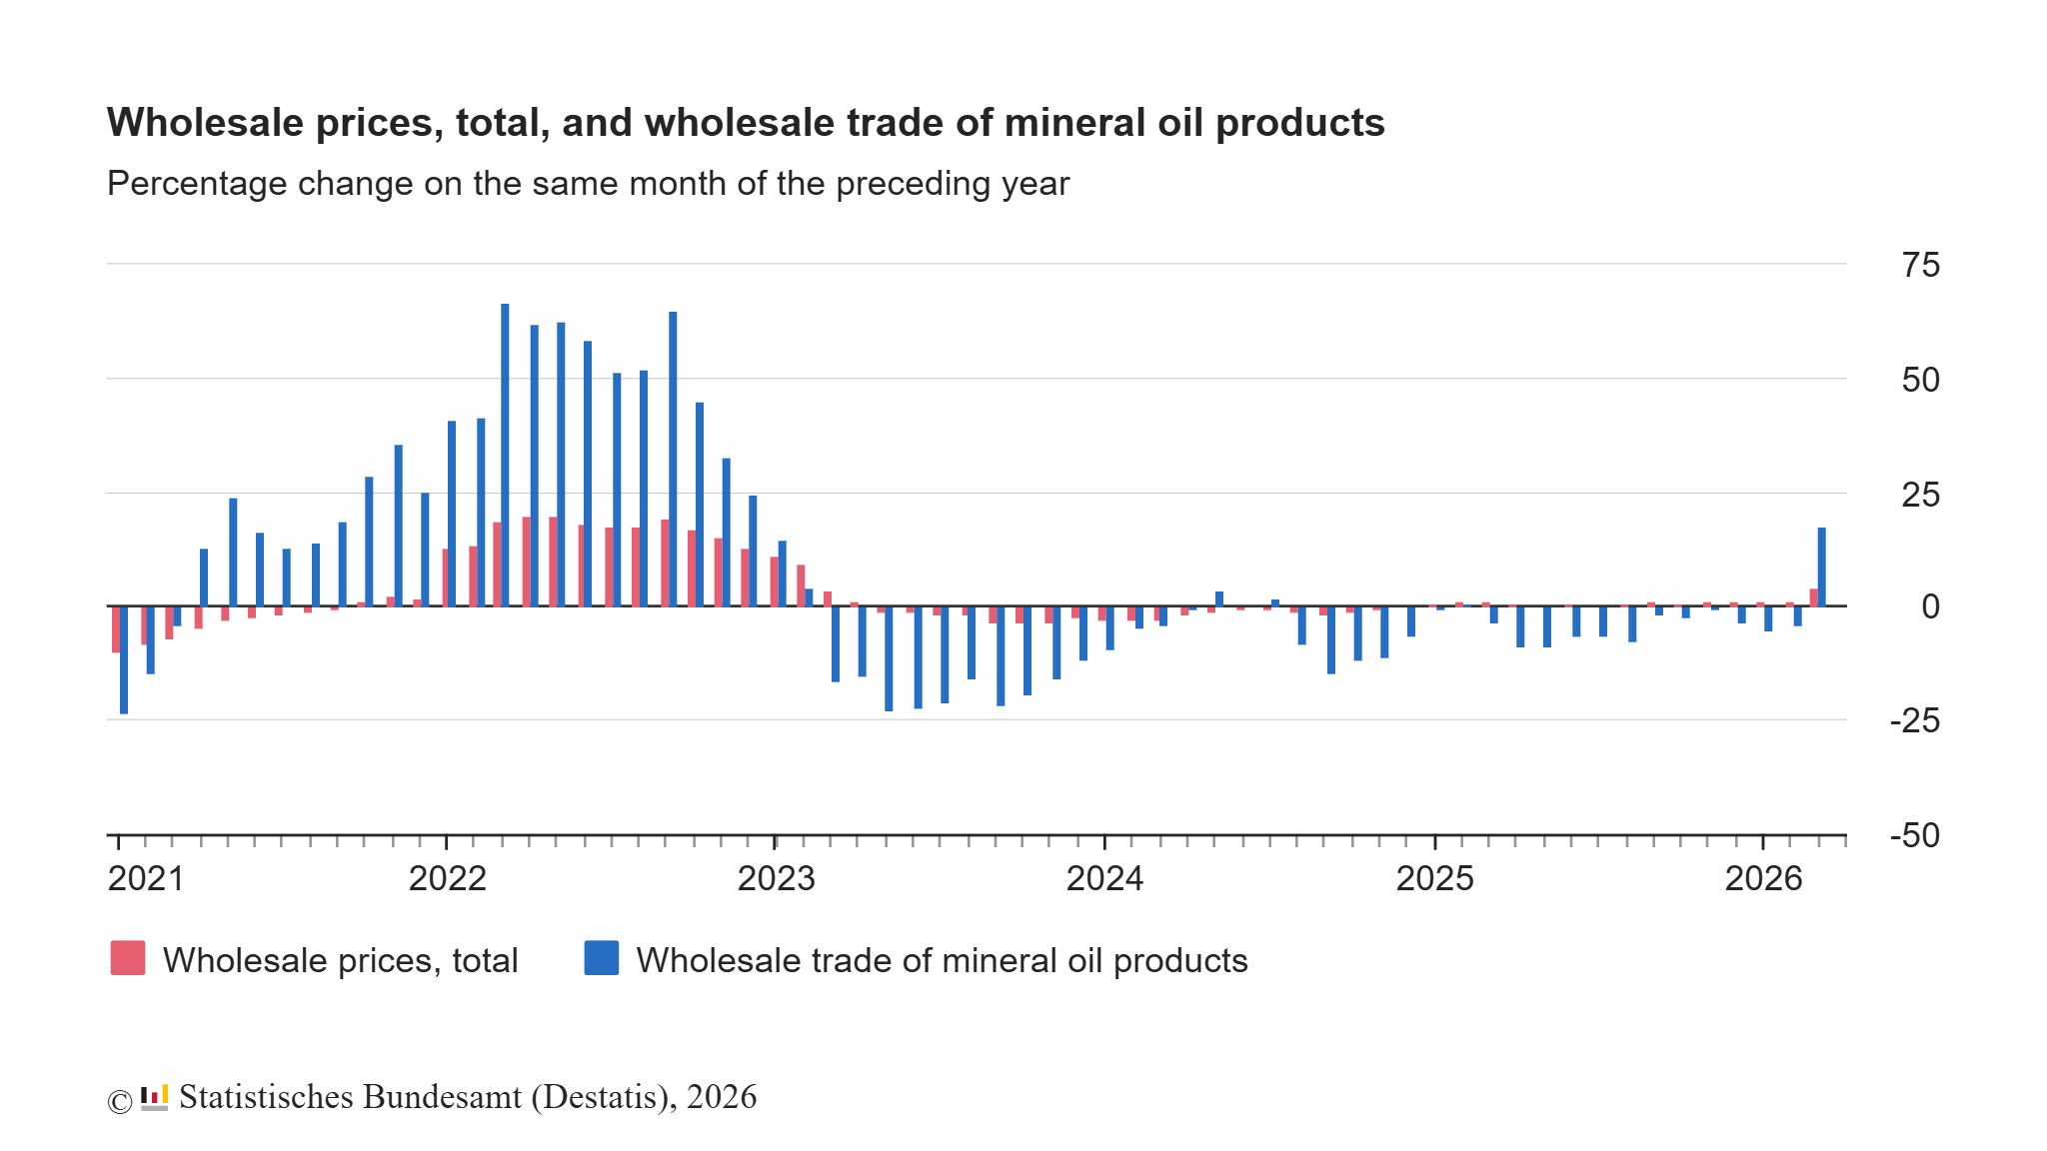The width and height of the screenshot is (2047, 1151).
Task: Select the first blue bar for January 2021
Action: (124, 659)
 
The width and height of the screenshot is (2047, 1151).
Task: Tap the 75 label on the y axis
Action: (1920, 265)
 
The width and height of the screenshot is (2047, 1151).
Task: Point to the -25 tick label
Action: (1914, 720)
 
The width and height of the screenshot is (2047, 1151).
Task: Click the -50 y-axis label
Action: (1914, 835)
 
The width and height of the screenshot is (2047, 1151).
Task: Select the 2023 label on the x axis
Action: (776, 878)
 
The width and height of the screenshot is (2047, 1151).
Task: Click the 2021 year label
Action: (146, 878)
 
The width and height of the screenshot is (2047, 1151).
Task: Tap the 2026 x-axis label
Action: (1763, 878)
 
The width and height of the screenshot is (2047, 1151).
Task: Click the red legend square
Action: (128, 958)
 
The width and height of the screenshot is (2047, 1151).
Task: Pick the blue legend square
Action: (601, 958)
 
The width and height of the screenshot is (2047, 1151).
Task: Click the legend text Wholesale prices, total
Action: (340, 960)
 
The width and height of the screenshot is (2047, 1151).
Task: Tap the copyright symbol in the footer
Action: (119, 1101)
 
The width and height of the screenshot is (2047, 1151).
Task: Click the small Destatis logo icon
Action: (154, 1097)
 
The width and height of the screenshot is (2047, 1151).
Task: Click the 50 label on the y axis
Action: (1920, 380)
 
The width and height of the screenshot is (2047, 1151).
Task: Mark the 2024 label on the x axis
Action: (1104, 878)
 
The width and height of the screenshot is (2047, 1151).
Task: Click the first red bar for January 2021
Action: (116, 629)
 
